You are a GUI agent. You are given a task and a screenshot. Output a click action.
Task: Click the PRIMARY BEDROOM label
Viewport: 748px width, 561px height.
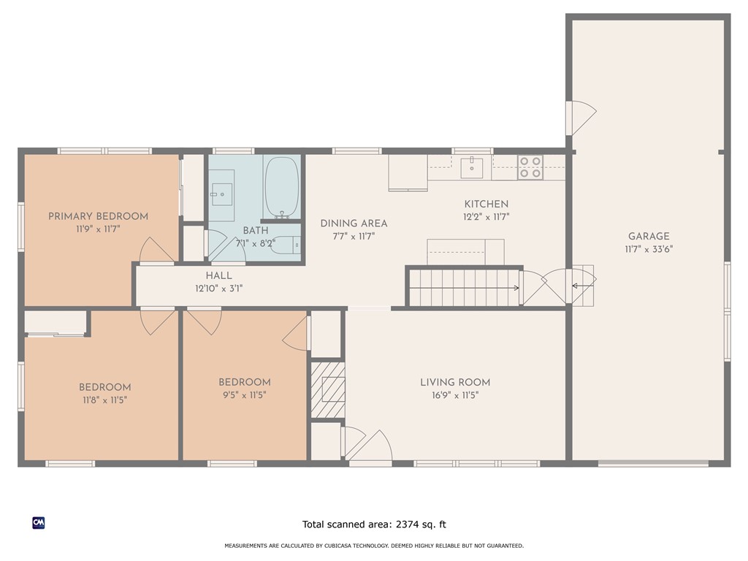click(99, 216)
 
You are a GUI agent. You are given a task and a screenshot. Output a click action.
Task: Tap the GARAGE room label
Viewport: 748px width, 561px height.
click(649, 236)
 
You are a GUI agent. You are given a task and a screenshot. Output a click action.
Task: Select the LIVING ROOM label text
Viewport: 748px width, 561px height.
click(455, 382)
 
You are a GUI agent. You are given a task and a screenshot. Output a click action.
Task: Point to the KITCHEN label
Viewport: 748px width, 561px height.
click(486, 205)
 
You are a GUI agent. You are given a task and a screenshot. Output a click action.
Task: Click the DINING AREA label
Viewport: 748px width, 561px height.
click(354, 224)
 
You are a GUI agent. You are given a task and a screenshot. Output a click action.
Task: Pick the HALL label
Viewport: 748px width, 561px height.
click(219, 275)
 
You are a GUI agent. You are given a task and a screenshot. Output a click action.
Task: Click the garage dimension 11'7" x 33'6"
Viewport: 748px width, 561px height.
click(649, 249)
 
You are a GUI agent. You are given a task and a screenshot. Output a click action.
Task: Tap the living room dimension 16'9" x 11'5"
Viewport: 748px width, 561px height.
click(455, 395)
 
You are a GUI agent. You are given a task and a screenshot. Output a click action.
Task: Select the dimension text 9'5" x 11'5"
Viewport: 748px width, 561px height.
click(244, 395)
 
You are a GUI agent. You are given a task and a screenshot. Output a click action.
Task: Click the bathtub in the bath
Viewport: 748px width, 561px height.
click(282, 188)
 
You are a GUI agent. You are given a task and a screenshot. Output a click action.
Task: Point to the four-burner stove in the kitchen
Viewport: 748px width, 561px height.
click(530, 167)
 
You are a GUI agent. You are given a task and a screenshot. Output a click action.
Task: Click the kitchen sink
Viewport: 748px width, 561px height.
click(472, 167)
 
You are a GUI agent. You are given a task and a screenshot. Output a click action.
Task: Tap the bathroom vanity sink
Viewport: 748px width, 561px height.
click(222, 194)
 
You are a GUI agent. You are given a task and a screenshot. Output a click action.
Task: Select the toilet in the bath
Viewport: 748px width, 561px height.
click(286, 245)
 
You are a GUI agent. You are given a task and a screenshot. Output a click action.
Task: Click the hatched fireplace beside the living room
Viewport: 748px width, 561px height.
click(328, 390)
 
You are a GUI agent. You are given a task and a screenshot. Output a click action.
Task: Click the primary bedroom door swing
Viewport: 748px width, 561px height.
click(156, 250)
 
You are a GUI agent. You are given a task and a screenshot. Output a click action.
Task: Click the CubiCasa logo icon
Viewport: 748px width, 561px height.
click(39, 523)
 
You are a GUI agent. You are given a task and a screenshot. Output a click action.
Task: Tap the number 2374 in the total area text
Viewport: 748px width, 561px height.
click(406, 524)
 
